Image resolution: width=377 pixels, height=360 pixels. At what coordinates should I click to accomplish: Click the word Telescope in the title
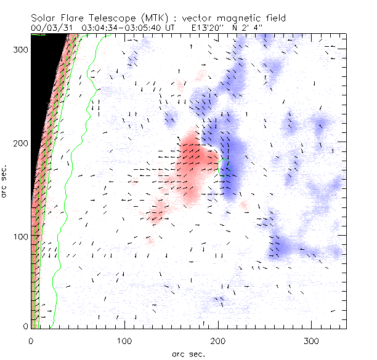pyautogui.click(x=108, y=18)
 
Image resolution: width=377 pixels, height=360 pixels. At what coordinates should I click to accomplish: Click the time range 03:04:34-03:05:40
pyautogui.click(x=121, y=28)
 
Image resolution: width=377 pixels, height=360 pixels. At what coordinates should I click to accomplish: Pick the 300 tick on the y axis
pyautogui.click(x=21, y=49)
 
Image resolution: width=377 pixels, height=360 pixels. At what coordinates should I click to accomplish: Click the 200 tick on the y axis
pyautogui.click(x=21, y=143)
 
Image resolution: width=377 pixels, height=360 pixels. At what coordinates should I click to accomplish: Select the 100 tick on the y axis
pyautogui.click(x=21, y=236)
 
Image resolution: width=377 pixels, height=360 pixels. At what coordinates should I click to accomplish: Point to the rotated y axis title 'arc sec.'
pyautogui.click(x=5, y=180)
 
